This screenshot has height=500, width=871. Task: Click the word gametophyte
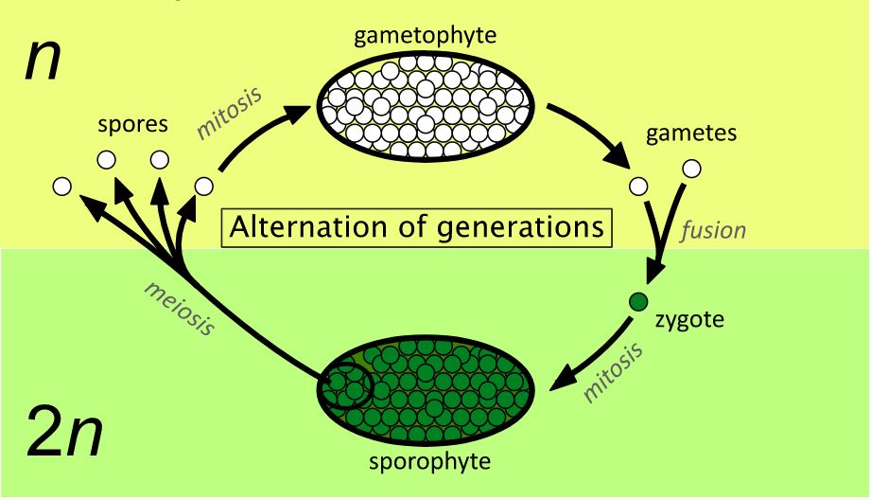click(x=425, y=37)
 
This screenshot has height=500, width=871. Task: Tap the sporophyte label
click(x=430, y=462)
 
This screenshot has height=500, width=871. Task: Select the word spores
click(x=132, y=125)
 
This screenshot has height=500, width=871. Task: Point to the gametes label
click(x=691, y=134)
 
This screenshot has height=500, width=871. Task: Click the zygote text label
click(x=689, y=320)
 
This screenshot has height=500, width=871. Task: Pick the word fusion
click(x=713, y=230)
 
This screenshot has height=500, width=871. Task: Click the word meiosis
click(x=180, y=308)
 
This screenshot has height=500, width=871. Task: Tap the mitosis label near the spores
click(x=228, y=113)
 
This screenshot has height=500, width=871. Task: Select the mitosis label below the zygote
click(x=613, y=372)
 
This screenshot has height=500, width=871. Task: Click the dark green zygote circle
click(x=638, y=302)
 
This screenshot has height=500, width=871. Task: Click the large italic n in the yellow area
click(x=43, y=62)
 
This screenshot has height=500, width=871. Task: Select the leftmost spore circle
click(x=62, y=187)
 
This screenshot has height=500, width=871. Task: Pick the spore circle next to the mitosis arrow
click(x=204, y=187)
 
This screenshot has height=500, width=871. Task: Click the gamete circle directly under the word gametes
click(x=691, y=169)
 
